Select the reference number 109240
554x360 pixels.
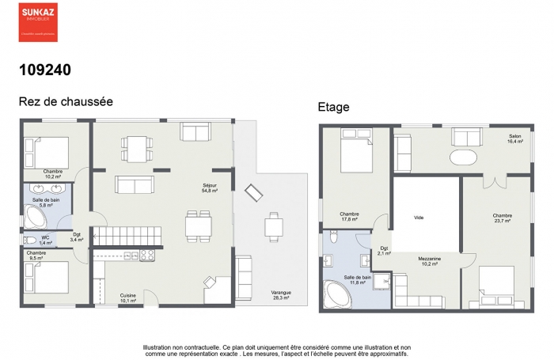pos(45,70)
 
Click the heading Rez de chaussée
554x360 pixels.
pos(66,102)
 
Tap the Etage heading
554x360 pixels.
pos(333,107)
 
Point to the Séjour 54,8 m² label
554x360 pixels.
pos(210,188)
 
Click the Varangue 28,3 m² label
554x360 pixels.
pos(281,295)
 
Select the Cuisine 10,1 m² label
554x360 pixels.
pos(128,298)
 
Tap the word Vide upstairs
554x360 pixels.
pos(419,217)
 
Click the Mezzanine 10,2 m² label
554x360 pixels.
pos(430,261)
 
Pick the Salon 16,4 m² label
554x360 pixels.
pos(515,138)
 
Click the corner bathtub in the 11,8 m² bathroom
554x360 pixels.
pos(337,295)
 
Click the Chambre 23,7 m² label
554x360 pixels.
pos(502,218)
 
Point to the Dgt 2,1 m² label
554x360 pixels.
pos(383,251)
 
